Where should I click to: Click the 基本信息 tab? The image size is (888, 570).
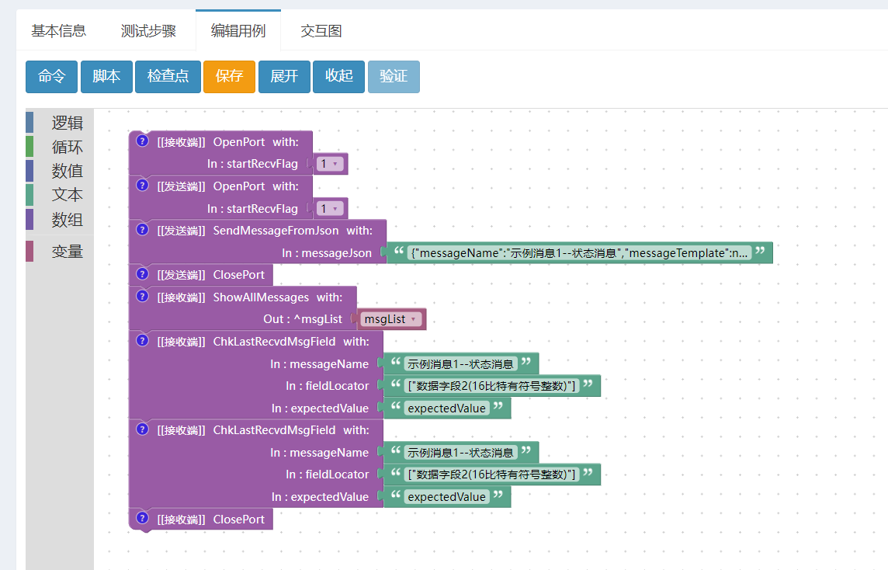click(x=58, y=30)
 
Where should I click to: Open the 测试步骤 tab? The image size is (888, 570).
click(x=148, y=30)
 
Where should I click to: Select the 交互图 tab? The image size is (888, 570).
click(x=321, y=30)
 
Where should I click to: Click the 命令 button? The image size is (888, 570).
click(x=51, y=76)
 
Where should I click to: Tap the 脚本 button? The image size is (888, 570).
click(x=106, y=76)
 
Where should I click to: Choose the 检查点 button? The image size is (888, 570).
click(x=168, y=76)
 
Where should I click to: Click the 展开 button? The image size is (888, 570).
click(x=284, y=76)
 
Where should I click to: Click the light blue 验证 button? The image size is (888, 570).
click(x=394, y=76)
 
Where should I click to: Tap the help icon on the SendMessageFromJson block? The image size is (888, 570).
click(x=142, y=229)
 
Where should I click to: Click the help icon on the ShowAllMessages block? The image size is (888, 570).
click(x=142, y=297)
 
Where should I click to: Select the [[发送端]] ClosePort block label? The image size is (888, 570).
click(x=210, y=275)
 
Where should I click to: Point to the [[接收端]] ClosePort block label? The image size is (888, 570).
click(x=210, y=520)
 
